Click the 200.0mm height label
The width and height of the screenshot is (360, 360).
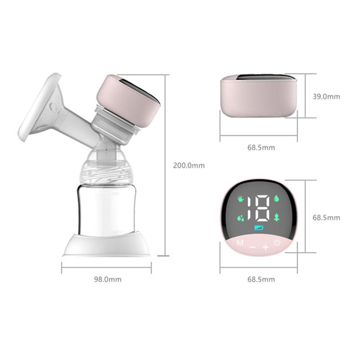(189, 166)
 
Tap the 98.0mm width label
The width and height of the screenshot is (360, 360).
(108, 279)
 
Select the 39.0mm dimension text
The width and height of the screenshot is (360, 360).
(326, 96)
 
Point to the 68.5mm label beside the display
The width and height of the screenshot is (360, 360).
(326, 218)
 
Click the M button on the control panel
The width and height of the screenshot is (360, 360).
(240, 243)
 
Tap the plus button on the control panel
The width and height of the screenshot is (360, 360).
(265, 247)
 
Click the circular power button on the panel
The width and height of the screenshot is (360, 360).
(277, 243)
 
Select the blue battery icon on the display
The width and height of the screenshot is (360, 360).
(260, 227)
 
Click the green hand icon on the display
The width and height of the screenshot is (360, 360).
(240, 198)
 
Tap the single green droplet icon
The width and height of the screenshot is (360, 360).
(276, 198)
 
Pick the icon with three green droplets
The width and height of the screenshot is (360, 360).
(241, 217)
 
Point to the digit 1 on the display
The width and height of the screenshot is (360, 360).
(251, 207)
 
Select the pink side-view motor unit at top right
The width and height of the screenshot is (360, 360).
(259, 96)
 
